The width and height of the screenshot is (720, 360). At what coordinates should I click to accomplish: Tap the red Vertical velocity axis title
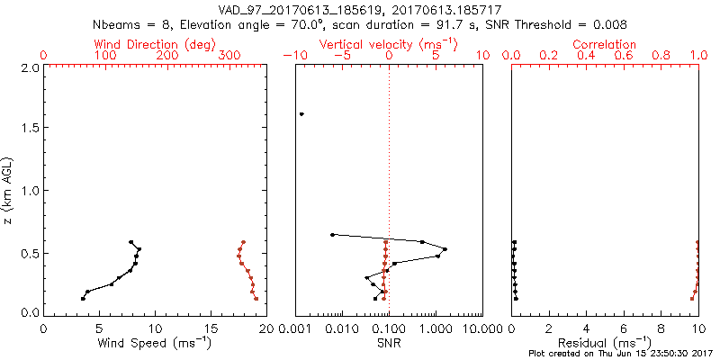[x=389, y=43]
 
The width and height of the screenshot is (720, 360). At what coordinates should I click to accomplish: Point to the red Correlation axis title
[x=605, y=43]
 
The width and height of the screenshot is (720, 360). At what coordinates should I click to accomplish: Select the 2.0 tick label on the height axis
[x=29, y=67]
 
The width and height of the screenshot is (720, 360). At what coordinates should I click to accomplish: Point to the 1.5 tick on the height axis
[x=29, y=129]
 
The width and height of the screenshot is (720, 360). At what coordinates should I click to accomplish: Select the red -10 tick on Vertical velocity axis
[x=293, y=56]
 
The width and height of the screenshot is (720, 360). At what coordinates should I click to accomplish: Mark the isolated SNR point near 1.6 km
[x=301, y=114]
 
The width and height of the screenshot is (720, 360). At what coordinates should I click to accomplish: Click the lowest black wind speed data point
[x=83, y=299]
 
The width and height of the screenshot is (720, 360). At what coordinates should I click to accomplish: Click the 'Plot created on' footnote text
[x=621, y=354]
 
